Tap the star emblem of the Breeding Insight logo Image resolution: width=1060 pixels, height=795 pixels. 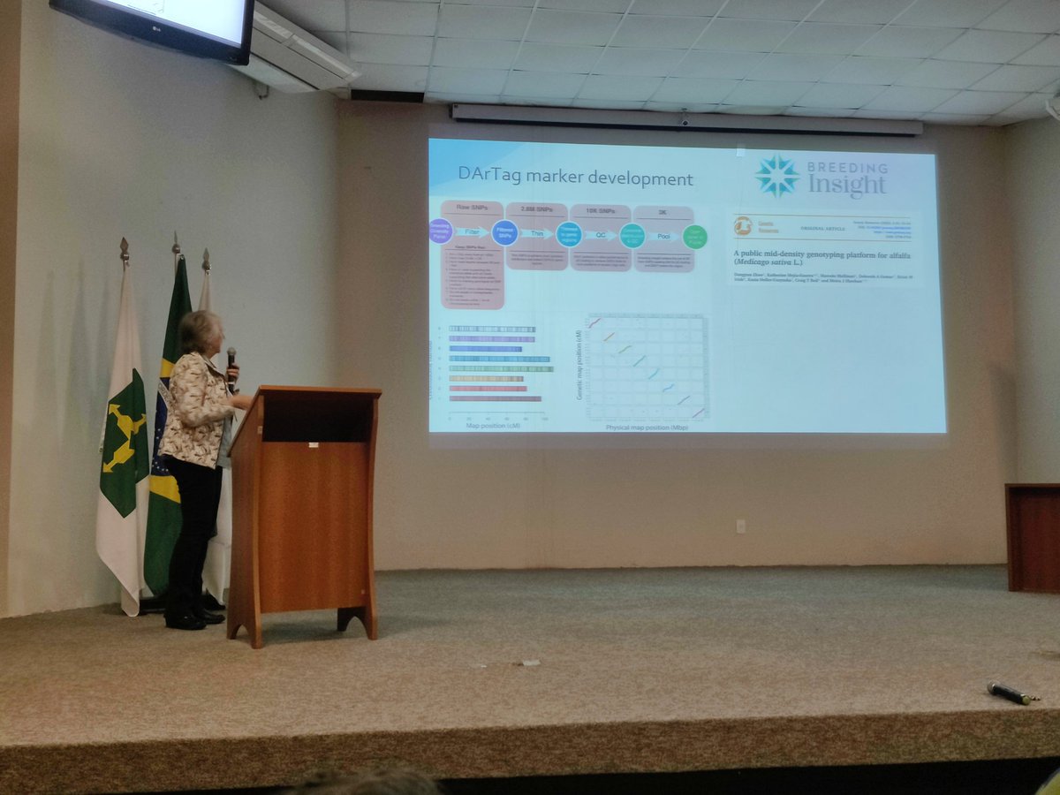click(x=777, y=175)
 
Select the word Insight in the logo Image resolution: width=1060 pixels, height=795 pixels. click(x=846, y=185)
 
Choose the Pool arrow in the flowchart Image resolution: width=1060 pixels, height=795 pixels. click(x=663, y=237)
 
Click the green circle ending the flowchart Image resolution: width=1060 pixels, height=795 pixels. click(x=695, y=237)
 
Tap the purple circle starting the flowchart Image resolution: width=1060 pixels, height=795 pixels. click(x=440, y=231)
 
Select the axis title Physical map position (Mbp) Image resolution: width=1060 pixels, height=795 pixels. click(x=647, y=428)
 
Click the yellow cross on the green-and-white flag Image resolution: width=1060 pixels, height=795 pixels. click(x=123, y=435)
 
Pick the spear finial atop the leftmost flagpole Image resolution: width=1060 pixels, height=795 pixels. click(x=124, y=248)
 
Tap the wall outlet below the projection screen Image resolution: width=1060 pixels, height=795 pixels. click(x=741, y=526)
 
